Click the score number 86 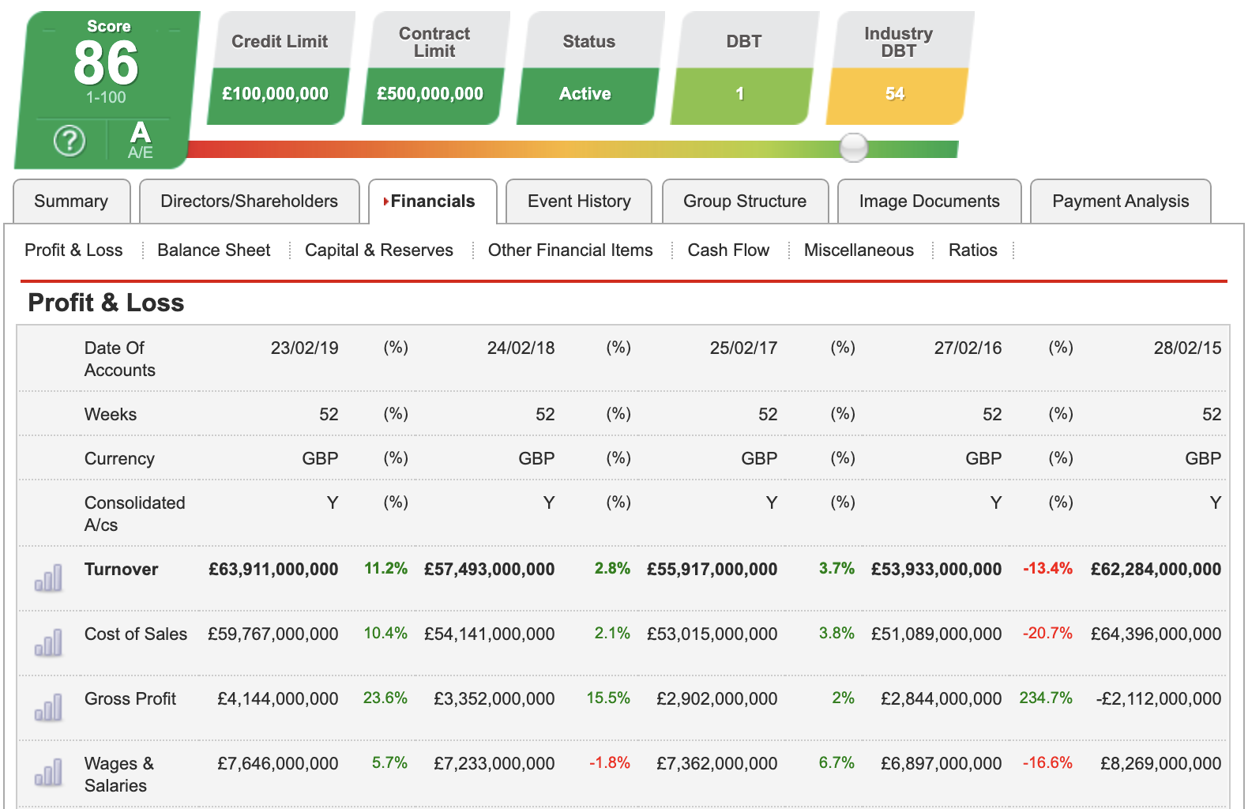[106, 63]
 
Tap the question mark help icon [70, 141]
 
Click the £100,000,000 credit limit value [276, 94]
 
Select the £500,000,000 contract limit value [430, 94]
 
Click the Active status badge [585, 94]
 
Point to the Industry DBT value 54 [895, 94]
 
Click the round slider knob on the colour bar [853, 148]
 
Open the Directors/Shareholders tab [249, 201]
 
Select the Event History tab [579, 201]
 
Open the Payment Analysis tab [1120, 201]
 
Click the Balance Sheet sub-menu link [213, 250]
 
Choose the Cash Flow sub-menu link [728, 250]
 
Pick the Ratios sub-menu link [972, 250]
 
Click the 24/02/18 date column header [521, 348]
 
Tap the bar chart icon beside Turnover [48, 578]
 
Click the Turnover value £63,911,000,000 [273, 570]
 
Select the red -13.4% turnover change [1047, 569]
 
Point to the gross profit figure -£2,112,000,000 [1158, 699]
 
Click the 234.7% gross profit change [1046, 698]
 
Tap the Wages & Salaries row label [118, 774]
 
